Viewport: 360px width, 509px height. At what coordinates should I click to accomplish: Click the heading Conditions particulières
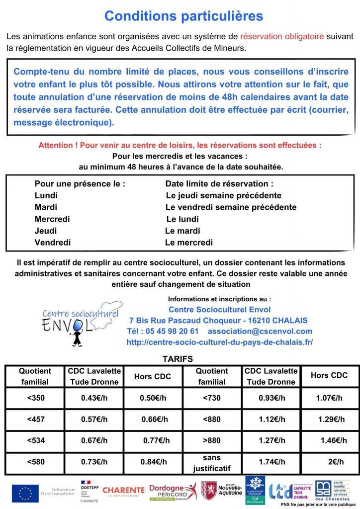[183, 16]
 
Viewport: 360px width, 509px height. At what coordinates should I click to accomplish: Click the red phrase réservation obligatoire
[282, 36]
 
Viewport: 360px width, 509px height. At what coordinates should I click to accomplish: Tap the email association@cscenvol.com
[260, 331]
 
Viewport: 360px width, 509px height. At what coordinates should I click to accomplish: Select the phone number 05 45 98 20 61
[163, 331]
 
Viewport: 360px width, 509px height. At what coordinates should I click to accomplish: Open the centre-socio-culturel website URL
[220, 342]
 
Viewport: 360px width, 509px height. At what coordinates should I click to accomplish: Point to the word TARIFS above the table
[178, 358]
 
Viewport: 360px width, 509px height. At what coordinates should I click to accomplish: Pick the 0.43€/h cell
[94, 398]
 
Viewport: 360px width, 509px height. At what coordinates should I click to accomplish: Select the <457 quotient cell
[35, 419]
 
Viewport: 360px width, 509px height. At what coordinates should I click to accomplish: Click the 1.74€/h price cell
[272, 462]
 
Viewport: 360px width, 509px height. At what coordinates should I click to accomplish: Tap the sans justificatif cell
[212, 462]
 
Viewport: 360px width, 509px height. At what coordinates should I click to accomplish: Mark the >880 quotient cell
[212, 440]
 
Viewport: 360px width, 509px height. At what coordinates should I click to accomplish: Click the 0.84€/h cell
[153, 462]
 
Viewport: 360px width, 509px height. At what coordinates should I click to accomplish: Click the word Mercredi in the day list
[52, 219]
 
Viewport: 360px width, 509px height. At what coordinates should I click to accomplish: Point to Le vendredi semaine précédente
[231, 207]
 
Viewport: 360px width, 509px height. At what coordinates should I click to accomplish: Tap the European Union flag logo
[25, 492]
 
